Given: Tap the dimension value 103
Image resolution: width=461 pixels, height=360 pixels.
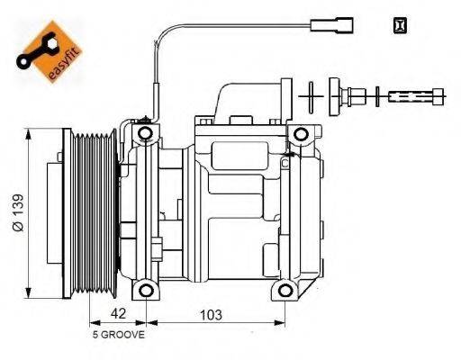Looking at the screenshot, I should [209, 316].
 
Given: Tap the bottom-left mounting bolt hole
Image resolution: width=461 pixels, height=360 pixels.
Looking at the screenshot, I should [144, 291].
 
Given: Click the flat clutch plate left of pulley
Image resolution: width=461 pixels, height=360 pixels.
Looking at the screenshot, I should [65, 212].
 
